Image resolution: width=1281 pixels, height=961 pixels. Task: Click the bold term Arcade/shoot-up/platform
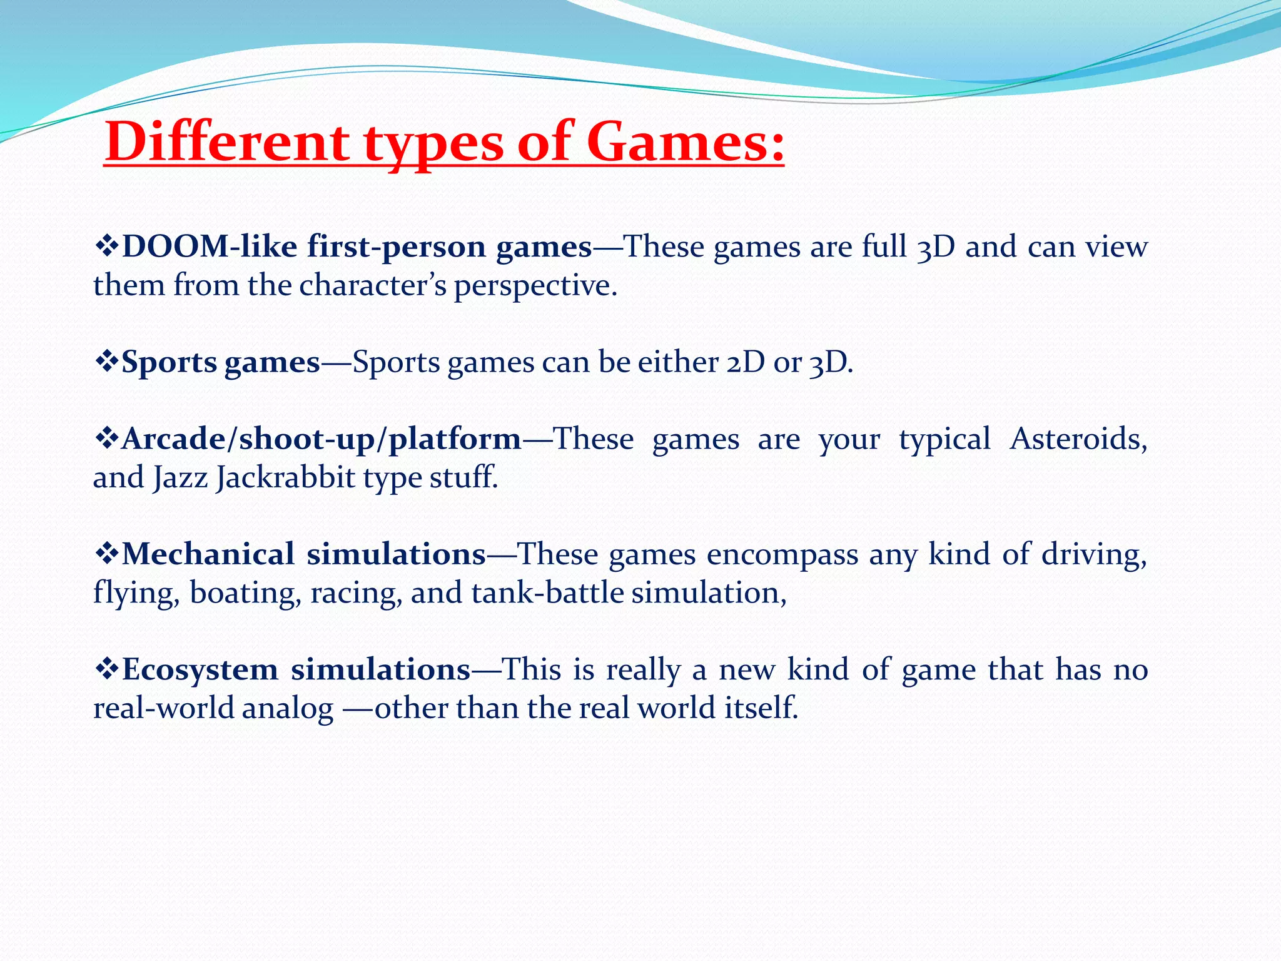322,439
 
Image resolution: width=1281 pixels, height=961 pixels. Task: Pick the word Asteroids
1078,439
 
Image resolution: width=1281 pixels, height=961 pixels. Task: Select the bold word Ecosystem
200,669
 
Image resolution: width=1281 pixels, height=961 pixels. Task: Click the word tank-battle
547,593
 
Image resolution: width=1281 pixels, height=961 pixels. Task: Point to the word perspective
535,287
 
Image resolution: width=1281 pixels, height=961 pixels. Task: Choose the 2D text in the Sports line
746,362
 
